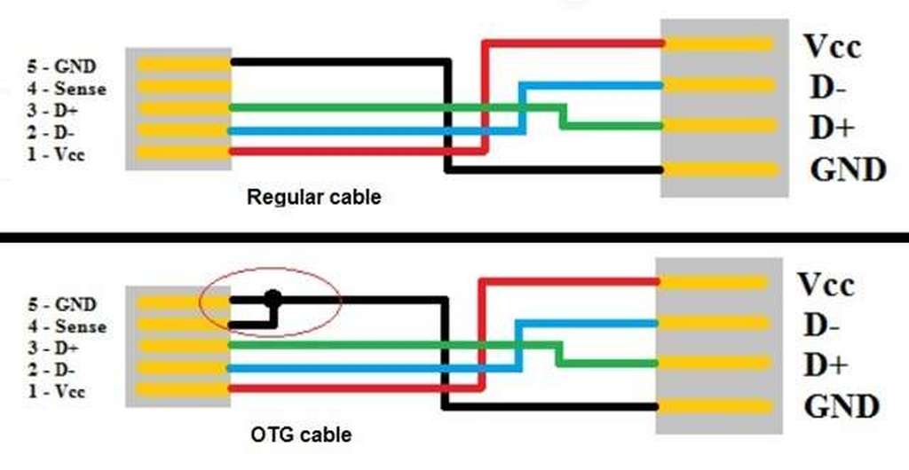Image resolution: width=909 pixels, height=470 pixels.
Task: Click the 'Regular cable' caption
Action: (x=313, y=197)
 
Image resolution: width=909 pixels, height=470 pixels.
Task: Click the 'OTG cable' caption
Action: (x=300, y=435)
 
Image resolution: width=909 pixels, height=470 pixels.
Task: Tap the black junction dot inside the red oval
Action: (x=273, y=300)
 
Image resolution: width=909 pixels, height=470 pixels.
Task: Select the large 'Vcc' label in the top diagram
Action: (x=832, y=46)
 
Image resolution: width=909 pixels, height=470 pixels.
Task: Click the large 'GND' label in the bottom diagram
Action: (x=842, y=407)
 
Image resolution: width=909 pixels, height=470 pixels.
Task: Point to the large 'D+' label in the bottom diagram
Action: (x=827, y=366)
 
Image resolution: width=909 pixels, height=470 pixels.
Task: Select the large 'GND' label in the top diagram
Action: (x=848, y=169)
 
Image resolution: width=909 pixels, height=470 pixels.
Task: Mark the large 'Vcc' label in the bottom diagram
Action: (x=826, y=285)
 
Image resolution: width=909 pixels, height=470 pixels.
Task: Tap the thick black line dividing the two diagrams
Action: (x=454, y=237)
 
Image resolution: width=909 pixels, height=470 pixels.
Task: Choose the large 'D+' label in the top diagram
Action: (x=831, y=128)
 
